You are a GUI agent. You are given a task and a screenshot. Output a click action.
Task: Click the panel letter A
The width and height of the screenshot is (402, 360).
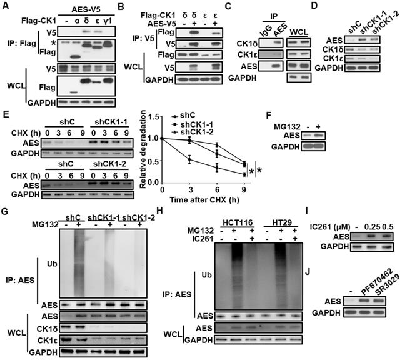click(6, 6)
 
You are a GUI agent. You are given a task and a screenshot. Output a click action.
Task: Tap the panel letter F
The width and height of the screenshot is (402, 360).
click(269, 115)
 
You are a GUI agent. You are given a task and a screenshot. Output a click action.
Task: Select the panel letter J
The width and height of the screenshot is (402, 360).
click(307, 272)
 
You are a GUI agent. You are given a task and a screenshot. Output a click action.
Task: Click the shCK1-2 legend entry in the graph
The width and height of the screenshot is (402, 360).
click(197, 132)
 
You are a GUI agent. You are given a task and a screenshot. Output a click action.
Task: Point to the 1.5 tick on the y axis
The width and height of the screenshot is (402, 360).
click(153, 117)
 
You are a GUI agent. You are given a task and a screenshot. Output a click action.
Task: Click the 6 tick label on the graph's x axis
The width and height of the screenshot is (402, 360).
click(217, 190)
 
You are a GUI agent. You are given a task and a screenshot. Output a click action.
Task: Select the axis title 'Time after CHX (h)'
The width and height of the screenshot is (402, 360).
click(204, 199)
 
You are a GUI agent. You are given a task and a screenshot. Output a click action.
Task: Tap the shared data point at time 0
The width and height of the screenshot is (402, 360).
click(162, 138)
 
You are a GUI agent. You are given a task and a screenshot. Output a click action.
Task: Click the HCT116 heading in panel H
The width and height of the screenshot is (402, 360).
click(238, 222)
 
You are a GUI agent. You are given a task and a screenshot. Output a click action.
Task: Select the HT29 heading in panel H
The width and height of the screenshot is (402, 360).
click(281, 222)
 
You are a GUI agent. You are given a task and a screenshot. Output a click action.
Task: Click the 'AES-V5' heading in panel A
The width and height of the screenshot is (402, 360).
click(86, 9)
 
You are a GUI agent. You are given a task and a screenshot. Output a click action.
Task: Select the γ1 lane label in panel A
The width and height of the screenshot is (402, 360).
click(108, 21)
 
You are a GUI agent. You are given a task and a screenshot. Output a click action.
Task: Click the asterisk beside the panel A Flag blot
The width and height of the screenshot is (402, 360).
click(53, 44)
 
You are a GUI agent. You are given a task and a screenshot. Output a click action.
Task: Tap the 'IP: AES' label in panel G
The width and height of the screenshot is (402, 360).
click(20, 280)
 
